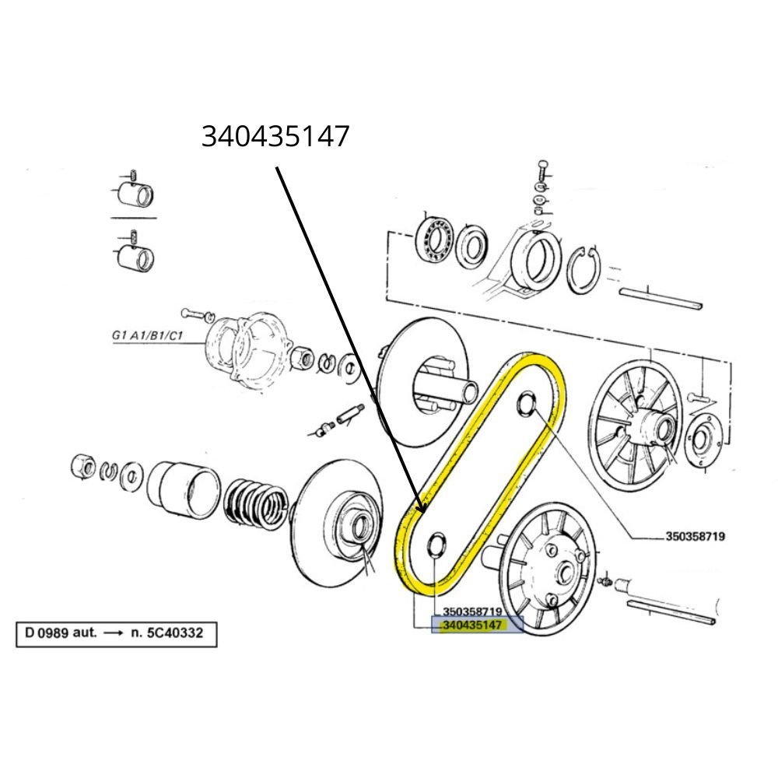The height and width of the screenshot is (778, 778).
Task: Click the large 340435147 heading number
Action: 275,136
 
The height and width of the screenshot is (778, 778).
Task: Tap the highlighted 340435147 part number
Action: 472,626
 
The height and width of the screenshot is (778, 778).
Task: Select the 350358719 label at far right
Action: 695,536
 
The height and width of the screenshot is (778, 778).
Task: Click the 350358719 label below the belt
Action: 472,612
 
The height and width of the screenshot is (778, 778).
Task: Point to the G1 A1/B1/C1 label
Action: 147,335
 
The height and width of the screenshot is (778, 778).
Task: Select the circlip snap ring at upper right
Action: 584,269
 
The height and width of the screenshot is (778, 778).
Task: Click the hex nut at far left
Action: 83,466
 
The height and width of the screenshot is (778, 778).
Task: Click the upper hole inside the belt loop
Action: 527,403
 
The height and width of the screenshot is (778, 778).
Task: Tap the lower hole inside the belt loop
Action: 436,545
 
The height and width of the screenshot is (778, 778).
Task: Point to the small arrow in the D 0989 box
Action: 113,633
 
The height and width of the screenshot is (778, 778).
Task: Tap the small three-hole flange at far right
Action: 700,439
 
